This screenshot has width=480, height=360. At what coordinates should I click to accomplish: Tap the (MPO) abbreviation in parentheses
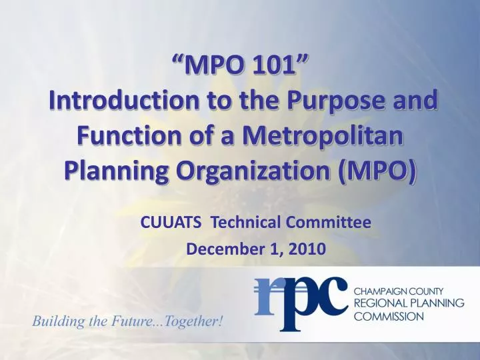coord(378,172)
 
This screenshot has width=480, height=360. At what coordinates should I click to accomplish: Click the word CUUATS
coord(172,223)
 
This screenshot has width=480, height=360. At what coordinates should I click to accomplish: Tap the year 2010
coord(307,249)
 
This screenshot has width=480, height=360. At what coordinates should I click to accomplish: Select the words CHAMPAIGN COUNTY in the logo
coord(403,292)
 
